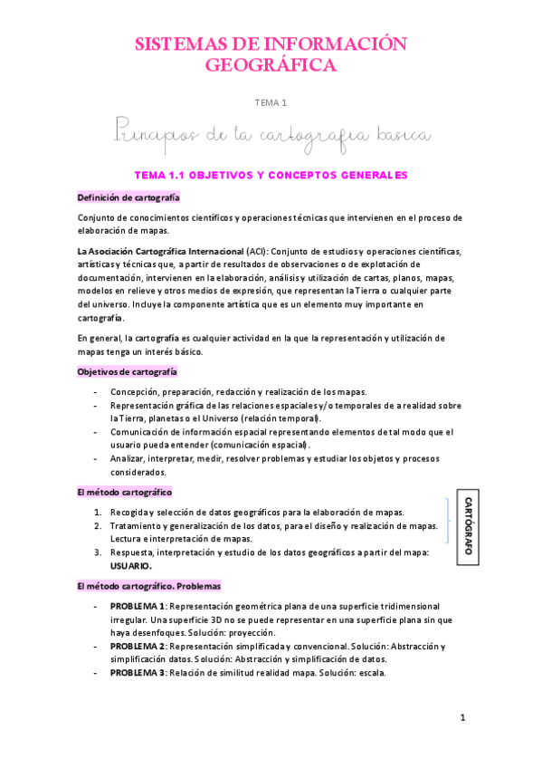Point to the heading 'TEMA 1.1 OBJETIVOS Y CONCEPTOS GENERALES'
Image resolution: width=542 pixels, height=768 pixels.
[x=271, y=175]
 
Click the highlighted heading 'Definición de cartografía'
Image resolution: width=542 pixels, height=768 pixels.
[x=128, y=197]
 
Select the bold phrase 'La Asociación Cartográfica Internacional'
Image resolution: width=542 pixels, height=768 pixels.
[x=160, y=250]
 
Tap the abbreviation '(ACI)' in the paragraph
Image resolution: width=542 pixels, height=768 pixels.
[x=256, y=250]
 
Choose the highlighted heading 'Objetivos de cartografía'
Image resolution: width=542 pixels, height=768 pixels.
[x=127, y=371]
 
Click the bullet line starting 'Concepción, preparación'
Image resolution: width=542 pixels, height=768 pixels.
[x=238, y=392]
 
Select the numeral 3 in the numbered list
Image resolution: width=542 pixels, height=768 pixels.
[x=97, y=552]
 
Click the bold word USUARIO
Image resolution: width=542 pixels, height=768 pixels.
[x=131, y=565]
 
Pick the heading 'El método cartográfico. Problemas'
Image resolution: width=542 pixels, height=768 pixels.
[x=148, y=586]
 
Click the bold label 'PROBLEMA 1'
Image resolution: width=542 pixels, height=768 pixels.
[x=138, y=606]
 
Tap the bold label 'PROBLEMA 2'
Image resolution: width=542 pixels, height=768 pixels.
[x=138, y=646]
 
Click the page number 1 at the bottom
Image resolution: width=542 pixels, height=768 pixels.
[x=462, y=718]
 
